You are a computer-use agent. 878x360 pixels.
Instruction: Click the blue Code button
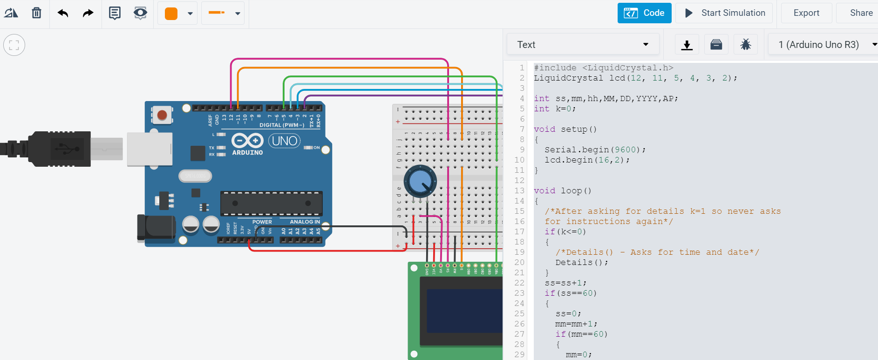(644, 13)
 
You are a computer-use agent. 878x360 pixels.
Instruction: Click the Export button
(806, 13)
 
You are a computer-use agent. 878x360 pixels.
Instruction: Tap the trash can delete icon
(36, 13)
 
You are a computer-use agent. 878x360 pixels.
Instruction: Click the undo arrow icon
(63, 13)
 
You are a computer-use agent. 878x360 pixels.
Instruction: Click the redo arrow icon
(88, 13)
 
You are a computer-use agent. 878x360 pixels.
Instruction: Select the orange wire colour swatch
(171, 14)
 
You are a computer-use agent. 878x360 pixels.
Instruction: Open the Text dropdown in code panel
(583, 45)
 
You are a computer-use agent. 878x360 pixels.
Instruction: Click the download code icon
(687, 45)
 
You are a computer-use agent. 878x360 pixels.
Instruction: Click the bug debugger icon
(745, 45)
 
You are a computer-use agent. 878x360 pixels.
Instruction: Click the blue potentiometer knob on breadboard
(420, 182)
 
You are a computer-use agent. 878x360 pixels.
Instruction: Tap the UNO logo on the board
(285, 141)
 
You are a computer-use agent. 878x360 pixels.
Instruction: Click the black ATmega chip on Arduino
(271, 204)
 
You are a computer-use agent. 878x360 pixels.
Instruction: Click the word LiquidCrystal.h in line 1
(627, 68)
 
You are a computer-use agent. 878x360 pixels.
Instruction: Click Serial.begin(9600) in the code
(594, 150)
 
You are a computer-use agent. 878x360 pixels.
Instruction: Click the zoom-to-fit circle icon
(14, 45)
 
